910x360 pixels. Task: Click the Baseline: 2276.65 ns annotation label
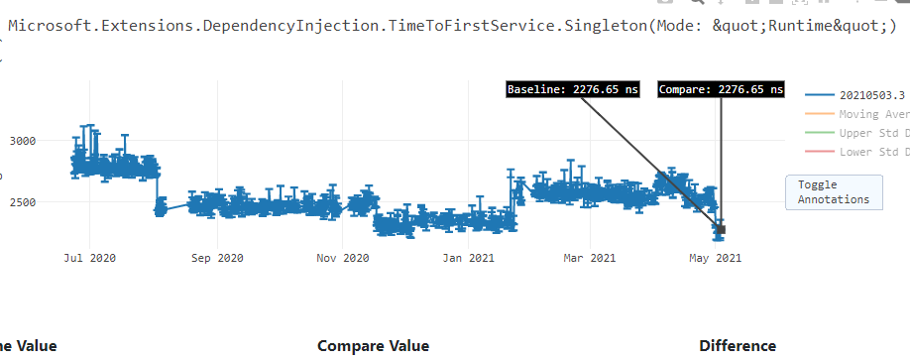click(571, 89)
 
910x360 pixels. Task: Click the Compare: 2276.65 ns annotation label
click(721, 89)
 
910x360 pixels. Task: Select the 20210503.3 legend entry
click(871, 95)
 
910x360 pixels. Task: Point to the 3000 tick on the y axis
click(22, 141)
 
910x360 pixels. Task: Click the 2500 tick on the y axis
click(22, 202)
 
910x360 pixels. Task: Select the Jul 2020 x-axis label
click(90, 258)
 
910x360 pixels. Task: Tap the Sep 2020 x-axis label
click(216, 258)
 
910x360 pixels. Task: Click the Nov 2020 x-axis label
click(342, 258)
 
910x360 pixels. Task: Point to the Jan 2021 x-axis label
click(468, 258)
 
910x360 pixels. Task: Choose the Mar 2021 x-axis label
click(589, 258)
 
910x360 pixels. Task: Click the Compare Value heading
click(373, 346)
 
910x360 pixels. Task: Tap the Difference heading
click(738, 346)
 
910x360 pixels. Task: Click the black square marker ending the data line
click(721, 230)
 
